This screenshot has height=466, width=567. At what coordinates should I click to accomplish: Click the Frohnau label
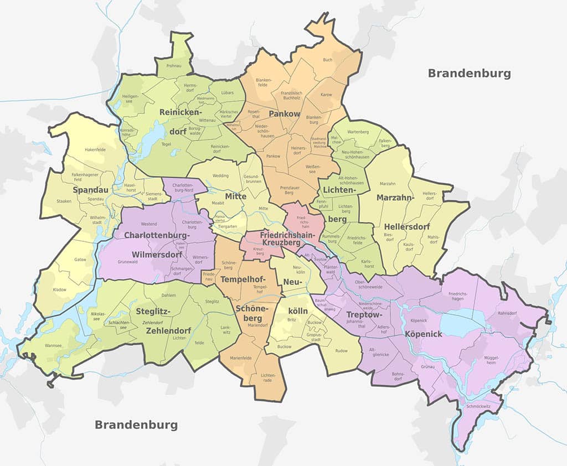click(173, 65)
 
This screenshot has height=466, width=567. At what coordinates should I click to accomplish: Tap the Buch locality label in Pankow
click(328, 60)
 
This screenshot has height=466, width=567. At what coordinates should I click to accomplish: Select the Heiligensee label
click(131, 99)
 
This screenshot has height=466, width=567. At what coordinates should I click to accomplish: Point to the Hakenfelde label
click(95, 149)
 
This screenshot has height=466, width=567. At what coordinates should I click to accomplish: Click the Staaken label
click(64, 201)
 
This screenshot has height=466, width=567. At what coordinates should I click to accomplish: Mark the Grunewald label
click(127, 261)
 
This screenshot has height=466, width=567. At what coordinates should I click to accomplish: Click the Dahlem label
click(168, 295)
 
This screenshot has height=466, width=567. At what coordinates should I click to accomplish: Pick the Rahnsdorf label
click(507, 313)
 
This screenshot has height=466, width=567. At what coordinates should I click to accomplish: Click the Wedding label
click(220, 175)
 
